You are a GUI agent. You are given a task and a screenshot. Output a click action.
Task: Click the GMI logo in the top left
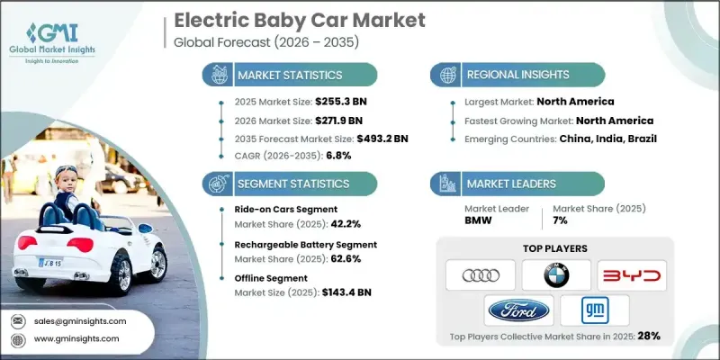tap(61, 33)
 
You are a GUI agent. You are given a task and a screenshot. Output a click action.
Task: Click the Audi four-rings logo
tap(481, 274)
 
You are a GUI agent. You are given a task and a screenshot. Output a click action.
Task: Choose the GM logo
tap(594, 311)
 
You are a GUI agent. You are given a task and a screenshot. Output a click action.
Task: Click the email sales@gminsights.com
tap(81, 320)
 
